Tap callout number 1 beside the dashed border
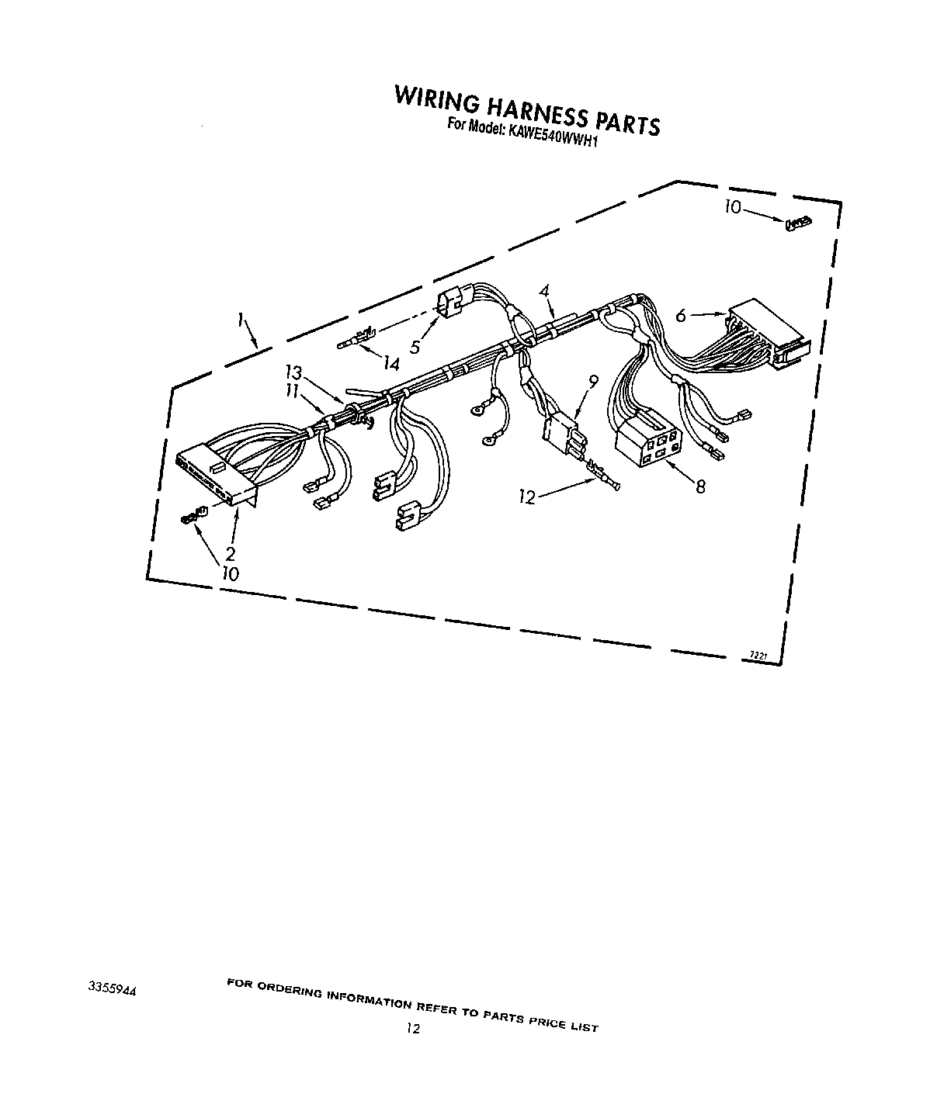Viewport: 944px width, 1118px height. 242,319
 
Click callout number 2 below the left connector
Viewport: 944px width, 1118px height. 231,553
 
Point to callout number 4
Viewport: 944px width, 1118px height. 545,292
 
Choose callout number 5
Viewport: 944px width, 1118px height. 415,348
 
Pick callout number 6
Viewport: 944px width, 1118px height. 680,316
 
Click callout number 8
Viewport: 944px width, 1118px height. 700,486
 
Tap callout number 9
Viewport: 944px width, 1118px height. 593,382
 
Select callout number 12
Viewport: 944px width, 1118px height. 527,497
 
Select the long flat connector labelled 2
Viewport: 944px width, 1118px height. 216,476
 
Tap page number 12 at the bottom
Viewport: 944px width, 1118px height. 413,1029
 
